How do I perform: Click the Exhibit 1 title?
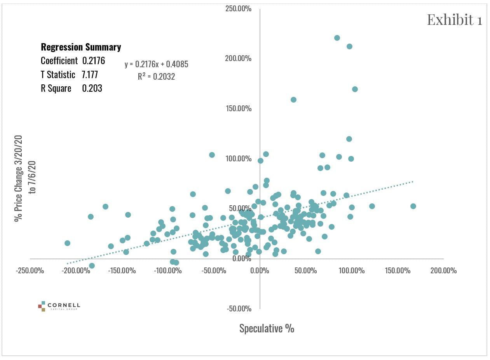[454, 19]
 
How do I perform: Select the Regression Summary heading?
[81, 47]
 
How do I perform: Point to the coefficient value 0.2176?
[94, 61]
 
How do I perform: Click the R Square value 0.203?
[92, 88]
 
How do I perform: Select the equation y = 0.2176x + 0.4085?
[156, 64]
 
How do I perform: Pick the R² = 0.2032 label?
[156, 77]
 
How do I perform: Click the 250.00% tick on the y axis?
[238, 9]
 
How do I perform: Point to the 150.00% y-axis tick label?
[238, 108]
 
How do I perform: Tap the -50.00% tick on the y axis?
[239, 309]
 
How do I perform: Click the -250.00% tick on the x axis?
[30, 271]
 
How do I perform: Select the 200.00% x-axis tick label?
[443, 271]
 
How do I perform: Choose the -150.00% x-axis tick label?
[122, 271]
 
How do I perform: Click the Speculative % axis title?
[267, 329]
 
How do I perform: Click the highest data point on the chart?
[337, 38]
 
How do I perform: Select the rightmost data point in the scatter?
[413, 206]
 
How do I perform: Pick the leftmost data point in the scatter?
[67, 243]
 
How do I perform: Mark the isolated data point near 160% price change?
[293, 100]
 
